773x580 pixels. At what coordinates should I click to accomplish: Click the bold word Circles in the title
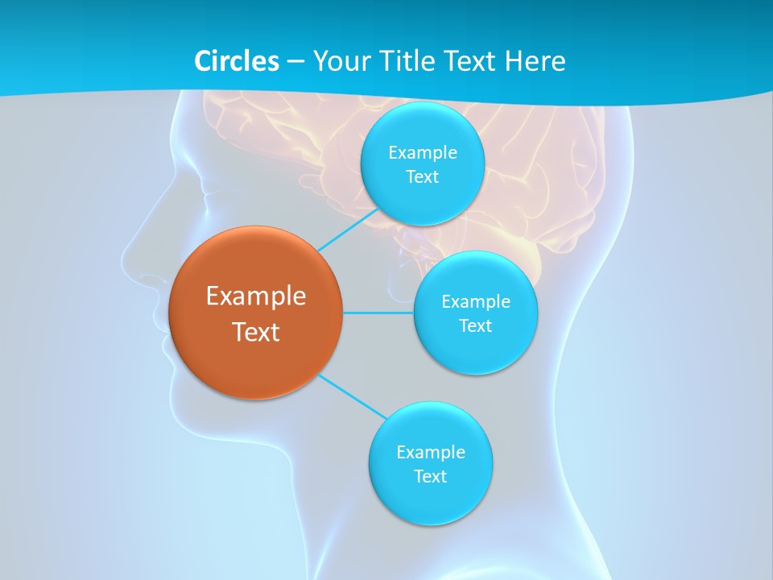(236, 61)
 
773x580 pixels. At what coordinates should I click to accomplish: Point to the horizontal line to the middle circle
(378, 313)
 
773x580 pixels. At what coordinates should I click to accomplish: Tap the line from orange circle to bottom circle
(352, 396)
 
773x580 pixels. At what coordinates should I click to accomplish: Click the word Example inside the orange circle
(256, 296)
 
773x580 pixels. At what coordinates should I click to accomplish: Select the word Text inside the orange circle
(256, 332)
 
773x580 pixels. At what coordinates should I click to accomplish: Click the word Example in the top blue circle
(422, 153)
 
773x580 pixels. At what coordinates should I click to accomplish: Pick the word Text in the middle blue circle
(475, 325)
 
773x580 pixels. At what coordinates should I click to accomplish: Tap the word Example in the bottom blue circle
(430, 452)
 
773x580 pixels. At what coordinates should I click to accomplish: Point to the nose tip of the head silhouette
(123, 259)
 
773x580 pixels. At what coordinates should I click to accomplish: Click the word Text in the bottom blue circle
(430, 476)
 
